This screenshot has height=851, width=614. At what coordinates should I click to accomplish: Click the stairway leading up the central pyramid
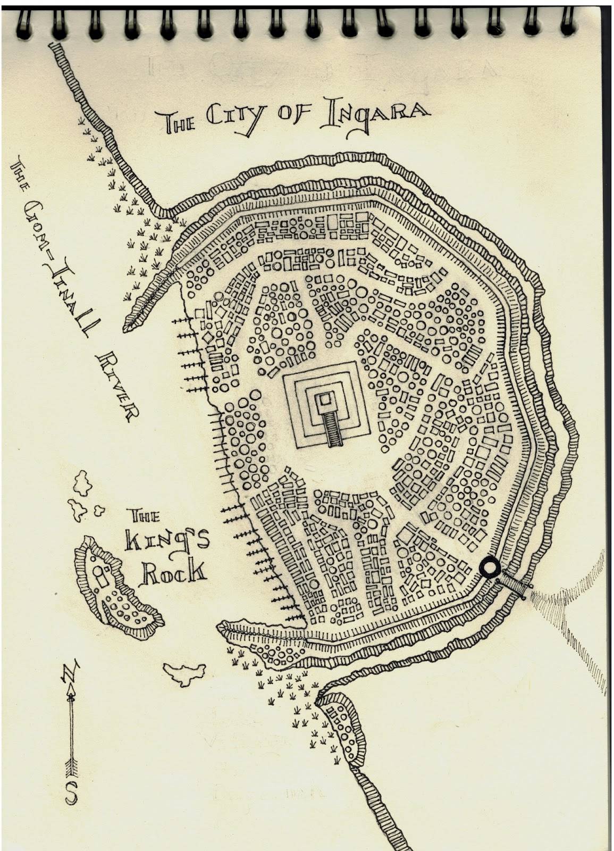[x=333, y=428]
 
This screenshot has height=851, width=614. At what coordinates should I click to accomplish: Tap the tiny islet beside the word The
[x=98, y=511]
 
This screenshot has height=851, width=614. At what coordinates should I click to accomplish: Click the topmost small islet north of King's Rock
[x=83, y=481]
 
